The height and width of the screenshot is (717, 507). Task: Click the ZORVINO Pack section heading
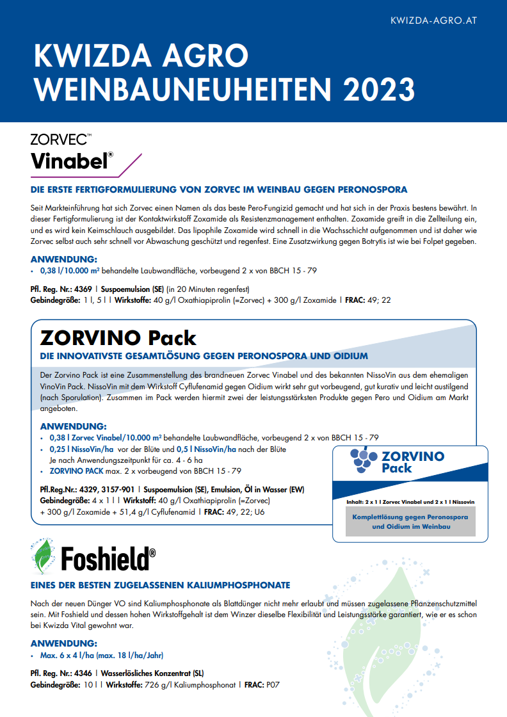pyautogui.click(x=118, y=337)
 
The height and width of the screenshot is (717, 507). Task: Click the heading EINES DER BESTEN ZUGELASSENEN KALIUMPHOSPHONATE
pyautogui.click(x=160, y=585)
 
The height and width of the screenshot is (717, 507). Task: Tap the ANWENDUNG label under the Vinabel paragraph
pyautogui.click(x=64, y=259)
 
